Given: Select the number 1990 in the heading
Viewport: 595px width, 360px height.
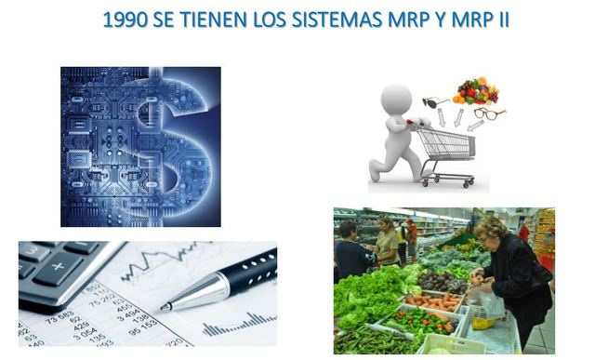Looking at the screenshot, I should coord(126,20).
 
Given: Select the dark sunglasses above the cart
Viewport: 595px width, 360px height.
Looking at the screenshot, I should coord(435,102).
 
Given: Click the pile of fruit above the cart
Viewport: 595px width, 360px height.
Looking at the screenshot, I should coord(476,90).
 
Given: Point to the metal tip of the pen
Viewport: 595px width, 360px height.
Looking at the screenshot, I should coord(167,303).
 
